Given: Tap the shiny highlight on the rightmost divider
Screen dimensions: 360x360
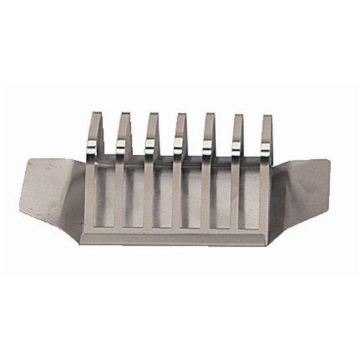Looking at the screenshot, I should click(265, 149).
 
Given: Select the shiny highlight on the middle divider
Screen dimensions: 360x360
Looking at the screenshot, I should click(179, 149).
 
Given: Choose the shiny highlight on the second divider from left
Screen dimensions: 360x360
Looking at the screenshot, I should click(121, 149).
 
